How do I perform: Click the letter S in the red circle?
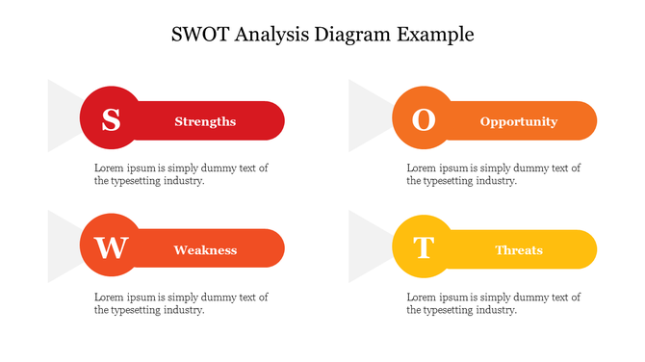(111, 120)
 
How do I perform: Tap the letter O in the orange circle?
(424, 120)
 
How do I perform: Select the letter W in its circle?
(111, 248)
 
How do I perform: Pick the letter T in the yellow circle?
(424, 248)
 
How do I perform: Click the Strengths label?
(205, 121)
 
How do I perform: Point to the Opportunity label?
(519, 121)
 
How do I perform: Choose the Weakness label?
(205, 250)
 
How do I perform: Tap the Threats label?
(519, 250)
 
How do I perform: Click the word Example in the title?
(436, 35)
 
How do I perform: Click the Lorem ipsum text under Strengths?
(181, 174)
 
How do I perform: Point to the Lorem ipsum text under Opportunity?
(494, 174)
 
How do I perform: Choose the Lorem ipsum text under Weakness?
(181, 303)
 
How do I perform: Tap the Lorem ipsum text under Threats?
(494, 303)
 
